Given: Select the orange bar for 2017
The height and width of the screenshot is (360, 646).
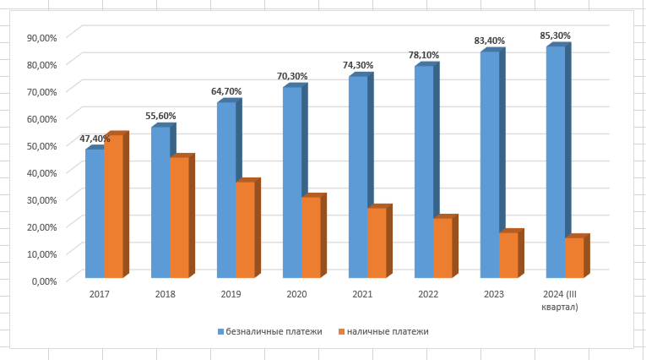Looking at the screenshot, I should pyautogui.click(x=113, y=206).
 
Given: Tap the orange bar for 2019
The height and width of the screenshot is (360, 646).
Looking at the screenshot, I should pyautogui.click(x=245, y=229).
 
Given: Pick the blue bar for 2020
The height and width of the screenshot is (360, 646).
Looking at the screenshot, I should pyautogui.click(x=292, y=182).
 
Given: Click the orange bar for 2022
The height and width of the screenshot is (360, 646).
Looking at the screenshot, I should pyautogui.click(x=442, y=248).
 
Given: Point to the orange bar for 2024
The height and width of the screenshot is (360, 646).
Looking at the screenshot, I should pyautogui.click(x=574, y=257).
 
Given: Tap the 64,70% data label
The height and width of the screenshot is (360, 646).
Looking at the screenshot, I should pyautogui.click(x=226, y=90).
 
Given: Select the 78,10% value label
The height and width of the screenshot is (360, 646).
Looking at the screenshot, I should pyautogui.click(x=424, y=55).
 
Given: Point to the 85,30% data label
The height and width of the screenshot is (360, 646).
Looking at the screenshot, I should pyautogui.click(x=556, y=35).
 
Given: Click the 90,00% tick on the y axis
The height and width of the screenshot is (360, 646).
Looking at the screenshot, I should pyautogui.click(x=41, y=37).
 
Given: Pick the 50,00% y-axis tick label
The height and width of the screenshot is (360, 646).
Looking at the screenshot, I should pyautogui.click(x=41, y=145).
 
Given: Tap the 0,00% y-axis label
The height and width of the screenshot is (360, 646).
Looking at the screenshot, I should pyautogui.click(x=44, y=281).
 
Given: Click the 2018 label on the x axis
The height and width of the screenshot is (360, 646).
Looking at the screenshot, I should pyautogui.click(x=166, y=294).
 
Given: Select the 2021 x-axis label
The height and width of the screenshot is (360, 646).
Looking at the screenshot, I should pyautogui.click(x=363, y=294).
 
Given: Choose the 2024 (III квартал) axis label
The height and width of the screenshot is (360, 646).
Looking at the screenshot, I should pyautogui.click(x=561, y=300).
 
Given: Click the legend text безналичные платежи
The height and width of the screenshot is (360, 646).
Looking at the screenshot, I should pyautogui.click(x=274, y=331).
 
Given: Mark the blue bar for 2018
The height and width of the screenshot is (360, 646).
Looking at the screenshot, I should pyautogui.click(x=160, y=202).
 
